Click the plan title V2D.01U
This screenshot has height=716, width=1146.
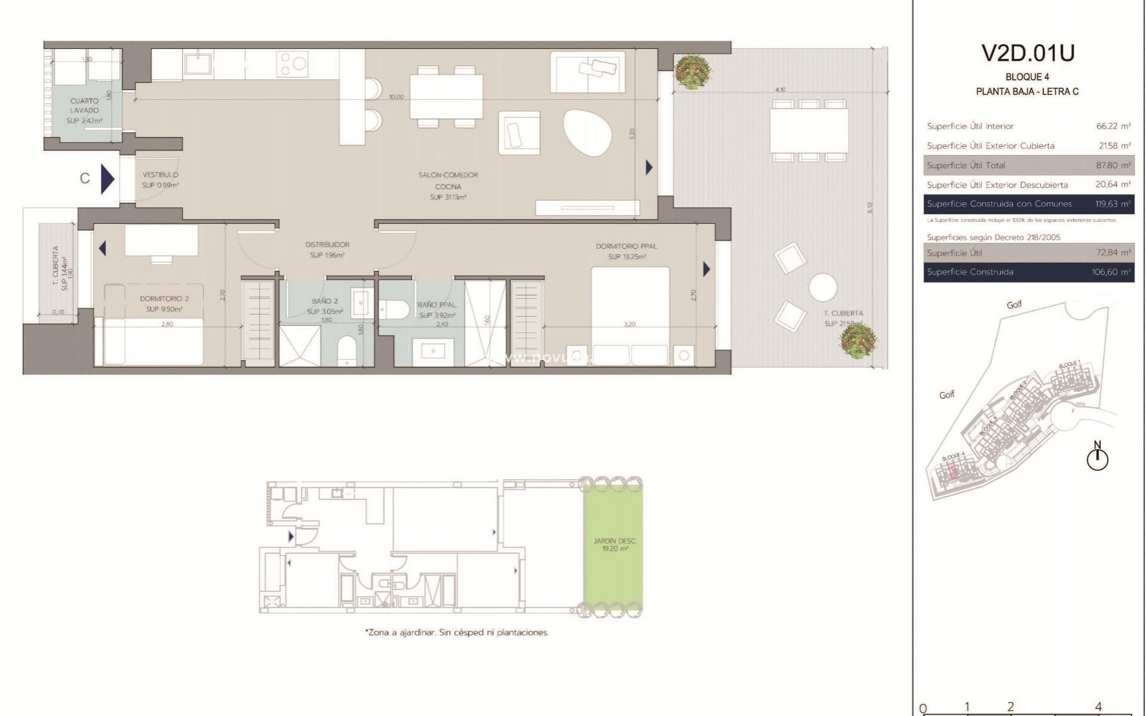pyautogui.click(x=1027, y=54)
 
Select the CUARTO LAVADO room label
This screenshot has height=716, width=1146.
pyautogui.click(x=84, y=106)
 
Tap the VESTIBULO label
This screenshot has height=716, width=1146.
pyautogui.click(x=160, y=175)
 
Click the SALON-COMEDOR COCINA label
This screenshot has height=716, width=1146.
pyautogui.click(x=448, y=181)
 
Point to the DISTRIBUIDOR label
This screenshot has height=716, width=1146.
pyautogui.click(x=327, y=245)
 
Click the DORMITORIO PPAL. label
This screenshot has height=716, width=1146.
pyautogui.click(x=627, y=246)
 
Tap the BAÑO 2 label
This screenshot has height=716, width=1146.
pyautogui.click(x=325, y=302)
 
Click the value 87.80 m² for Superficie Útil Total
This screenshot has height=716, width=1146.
pyautogui.click(x=1113, y=165)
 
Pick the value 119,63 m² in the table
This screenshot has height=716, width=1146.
pyautogui.click(x=1113, y=204)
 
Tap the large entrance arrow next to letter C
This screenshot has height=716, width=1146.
pyautogui.click(x=107, y=178)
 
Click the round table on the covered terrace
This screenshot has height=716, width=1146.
pyautogui.click(x=822, y=287)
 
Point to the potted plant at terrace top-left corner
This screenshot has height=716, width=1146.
pyautogui.click(x=693, y=71)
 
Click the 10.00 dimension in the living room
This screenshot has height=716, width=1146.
pyautogui.click(x=396, y=97)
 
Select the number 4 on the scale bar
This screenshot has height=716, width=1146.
pyautogui.click(x=1098, y=707)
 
